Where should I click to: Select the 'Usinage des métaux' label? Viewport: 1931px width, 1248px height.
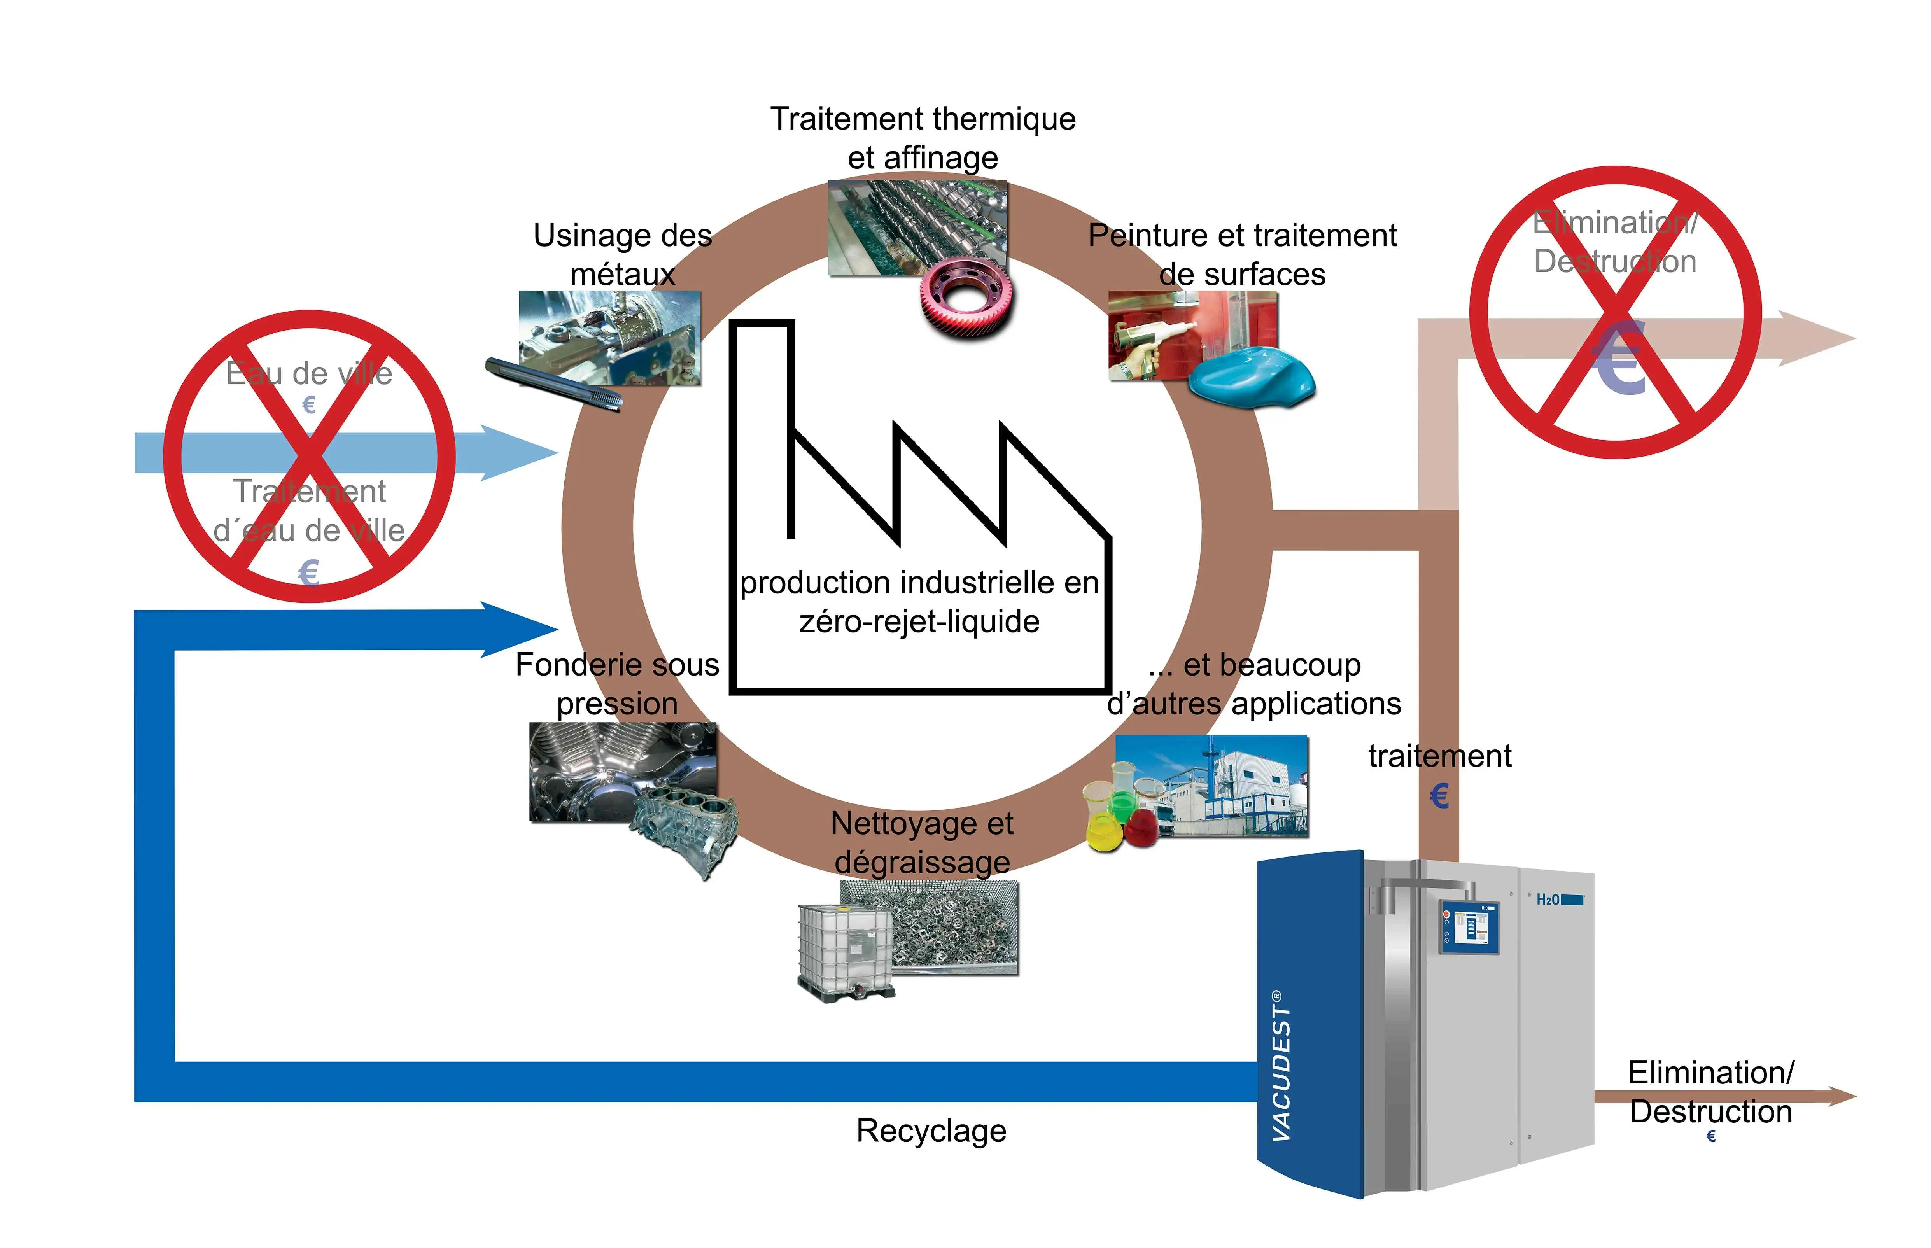[622, 254]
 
